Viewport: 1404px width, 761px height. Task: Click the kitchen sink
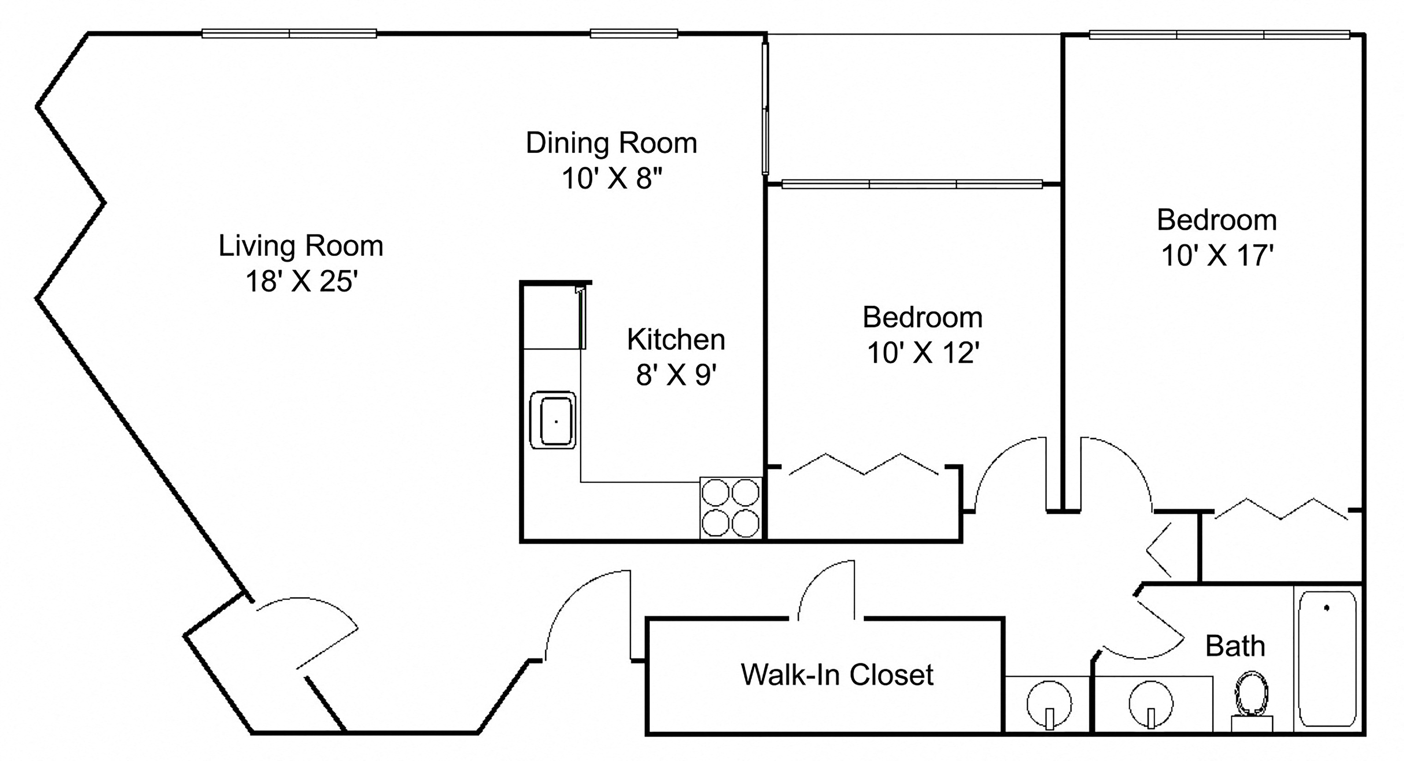coord(553,420)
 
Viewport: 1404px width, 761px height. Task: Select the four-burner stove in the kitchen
coord(730,508)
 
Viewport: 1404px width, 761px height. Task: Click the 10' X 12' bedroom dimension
coord(923,353)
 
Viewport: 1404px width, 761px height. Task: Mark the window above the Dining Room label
coord(634,34)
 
